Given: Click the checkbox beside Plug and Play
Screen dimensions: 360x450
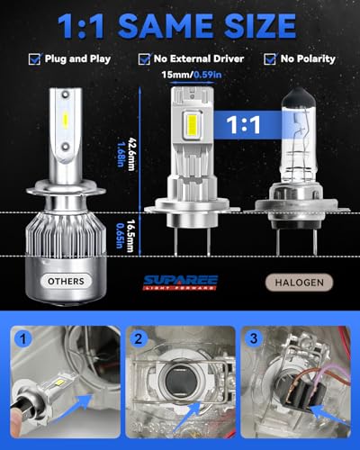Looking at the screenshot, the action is pyautogui.click(x=35, y=59).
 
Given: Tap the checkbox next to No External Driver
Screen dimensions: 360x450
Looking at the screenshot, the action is pyautogui.click(x=144, y=59).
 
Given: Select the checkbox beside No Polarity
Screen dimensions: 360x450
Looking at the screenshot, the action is pyautogui.click(x=270, y=59).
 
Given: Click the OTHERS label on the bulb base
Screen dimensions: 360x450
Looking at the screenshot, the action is pyautogui.click(x=66, y=282).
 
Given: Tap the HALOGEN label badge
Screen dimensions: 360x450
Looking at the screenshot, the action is pyautogui.click(x=299, y=283).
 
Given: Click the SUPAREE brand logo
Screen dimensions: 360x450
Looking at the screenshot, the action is pyautogui.click(x=181, y=283).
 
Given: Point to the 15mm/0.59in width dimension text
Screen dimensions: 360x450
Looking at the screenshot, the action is pyautogui.click(x=192, y=75).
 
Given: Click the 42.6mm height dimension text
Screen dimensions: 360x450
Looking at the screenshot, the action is pyautogui.click(x=131, y=154).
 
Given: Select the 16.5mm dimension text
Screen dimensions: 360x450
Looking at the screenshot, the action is pyautogui.click(x=130, y=236).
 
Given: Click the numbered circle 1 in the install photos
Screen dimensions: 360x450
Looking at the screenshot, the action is pyautogui.click(x=22, y=339).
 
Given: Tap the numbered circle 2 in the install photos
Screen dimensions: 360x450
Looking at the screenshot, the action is pyautogui.click(x=139, y=339).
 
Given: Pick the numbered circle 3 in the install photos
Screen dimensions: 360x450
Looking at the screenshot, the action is pyautogui.click(x=254, y=338).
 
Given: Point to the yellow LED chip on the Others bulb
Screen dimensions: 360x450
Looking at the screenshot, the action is pyautogui.click(x=66, y=119).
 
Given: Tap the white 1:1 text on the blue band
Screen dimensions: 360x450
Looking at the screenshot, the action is pyautogui.click(x=243, y=124).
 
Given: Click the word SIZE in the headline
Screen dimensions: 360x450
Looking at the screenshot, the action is pyautogui.click(x=260, y=25).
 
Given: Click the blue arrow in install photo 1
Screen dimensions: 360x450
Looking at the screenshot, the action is pyautogui.click(x=80, y=403).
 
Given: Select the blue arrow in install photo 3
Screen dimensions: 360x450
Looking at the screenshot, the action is pyautogui.click(x=326, y=416).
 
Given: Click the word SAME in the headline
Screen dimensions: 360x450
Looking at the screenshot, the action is pyautogui.click(x=166, y=25).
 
